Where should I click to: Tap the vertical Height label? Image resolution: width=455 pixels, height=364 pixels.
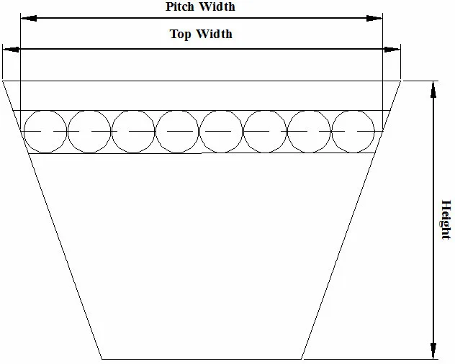point(446,219)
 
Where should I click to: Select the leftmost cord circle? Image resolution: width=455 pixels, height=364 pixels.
point(45,132)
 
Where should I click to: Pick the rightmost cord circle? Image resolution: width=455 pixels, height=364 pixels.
point(353,132)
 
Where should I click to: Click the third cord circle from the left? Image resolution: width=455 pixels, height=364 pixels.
point(134,132)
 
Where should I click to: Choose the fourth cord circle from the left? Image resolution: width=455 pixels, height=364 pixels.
point(178,132)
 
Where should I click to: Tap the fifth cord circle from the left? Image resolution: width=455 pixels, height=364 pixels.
point(222,132)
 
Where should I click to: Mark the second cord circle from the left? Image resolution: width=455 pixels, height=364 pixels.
point(89,132)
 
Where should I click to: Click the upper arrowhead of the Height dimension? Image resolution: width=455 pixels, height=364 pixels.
point(433,88)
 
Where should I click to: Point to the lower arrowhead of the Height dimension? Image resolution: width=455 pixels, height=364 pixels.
point(433,350)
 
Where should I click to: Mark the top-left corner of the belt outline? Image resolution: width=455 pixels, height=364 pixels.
point(3,81)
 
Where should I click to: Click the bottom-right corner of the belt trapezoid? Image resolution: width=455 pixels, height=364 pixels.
point(302,358)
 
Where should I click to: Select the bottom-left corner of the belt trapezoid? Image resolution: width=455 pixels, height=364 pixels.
point(102,358)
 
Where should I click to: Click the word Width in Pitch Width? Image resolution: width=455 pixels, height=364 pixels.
point(217,7)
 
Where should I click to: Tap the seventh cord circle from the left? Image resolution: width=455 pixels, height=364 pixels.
point(310,132)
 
